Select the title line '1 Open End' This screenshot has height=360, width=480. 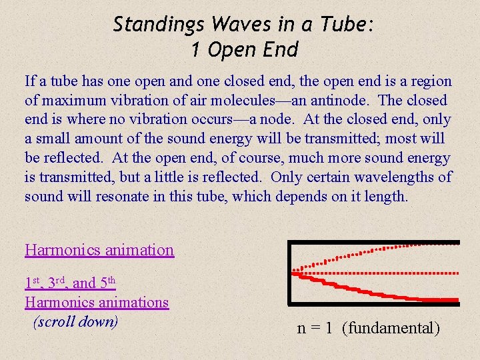[244, 49]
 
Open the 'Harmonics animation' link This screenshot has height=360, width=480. [99, 250]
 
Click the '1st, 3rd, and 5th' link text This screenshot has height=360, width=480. [71, 283]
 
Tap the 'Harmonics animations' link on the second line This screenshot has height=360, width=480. [97, 302]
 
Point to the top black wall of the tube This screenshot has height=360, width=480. [373, 243]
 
